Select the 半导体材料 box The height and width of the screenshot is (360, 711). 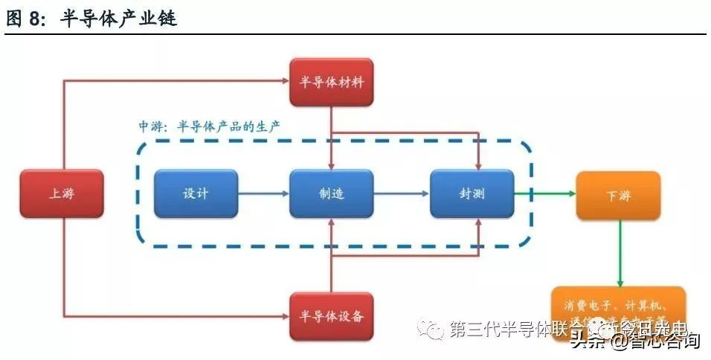331,82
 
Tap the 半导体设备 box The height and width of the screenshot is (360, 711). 331,316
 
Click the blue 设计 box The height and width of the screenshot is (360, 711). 196,194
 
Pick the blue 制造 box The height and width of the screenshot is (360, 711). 331,194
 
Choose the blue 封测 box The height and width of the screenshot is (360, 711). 472,194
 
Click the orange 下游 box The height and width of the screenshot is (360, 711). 618,196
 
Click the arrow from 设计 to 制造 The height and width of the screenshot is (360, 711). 263,194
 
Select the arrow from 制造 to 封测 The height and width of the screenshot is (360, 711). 402,194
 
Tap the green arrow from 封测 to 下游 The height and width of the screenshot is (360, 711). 544,194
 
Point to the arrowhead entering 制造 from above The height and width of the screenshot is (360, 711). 331,165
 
